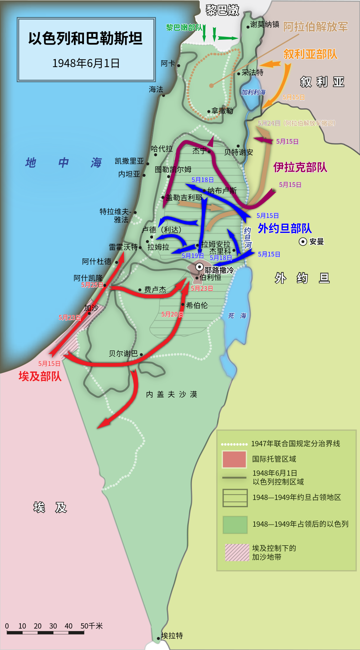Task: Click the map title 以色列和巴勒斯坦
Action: [x=85, y=38]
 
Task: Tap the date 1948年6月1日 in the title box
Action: [x=86, y=63]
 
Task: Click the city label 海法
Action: [x=156, y=89]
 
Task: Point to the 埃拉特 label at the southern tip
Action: [x=172, y=636]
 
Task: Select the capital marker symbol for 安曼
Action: [x=303, y=241]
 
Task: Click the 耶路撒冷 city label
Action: [x=219, y=270]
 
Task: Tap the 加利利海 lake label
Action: [x=253, y=92]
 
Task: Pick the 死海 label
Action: [x=237, y=316]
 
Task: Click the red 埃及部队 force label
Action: [x=40, y=376]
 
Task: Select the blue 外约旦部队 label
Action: [x=285, y=228]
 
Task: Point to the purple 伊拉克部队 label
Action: [x=300, y=167]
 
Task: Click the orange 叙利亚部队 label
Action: [x=310, y=54]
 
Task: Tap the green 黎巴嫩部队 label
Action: [x=184, y=27]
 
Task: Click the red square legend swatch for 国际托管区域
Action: [x=234, y=459]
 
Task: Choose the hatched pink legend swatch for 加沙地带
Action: [x=237, y=552]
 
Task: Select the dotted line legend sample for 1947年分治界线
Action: [x=234, y=444]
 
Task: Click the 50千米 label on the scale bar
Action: [x=91, y=626]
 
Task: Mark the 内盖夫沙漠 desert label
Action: [x=172, y=394]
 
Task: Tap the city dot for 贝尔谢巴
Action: [x=141, y=355]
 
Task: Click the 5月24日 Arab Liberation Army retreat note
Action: [x=297, y=123]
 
